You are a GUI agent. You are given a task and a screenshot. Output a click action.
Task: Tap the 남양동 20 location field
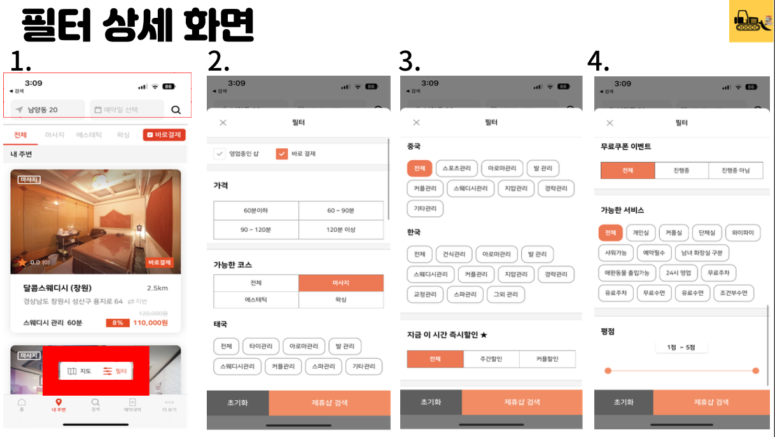(x=48, y=109)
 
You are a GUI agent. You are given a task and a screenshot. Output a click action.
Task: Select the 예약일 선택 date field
(x=127, y=109)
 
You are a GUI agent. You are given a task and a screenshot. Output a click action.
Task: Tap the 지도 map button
(x=80, y=371)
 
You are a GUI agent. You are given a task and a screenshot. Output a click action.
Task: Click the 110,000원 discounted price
(x=150, y=323)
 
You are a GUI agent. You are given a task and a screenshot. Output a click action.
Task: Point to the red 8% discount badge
(x=117, y=323)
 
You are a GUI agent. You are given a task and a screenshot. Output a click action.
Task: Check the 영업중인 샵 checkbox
(x=220, y=153)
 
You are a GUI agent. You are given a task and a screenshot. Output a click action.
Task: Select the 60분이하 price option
(x=256, y=210)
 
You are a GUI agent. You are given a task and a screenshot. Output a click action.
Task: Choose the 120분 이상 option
(x=341, y=229)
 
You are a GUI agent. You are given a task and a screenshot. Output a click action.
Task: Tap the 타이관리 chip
(x=261, y=347)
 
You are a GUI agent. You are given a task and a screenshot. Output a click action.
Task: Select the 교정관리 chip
(x=424, y=295)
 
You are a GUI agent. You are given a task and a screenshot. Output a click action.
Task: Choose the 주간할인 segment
(x=491, y=359)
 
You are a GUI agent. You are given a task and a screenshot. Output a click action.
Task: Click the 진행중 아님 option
(x=735, y=170)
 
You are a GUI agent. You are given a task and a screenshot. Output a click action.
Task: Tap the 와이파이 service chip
(x=743, y=233)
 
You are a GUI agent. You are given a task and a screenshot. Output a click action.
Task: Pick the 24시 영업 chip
(x=678, y=273)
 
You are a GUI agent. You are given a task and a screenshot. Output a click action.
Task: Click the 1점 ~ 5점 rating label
(x=681, y=347)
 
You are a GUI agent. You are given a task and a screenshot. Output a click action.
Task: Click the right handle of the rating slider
(x=755, y=370)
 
